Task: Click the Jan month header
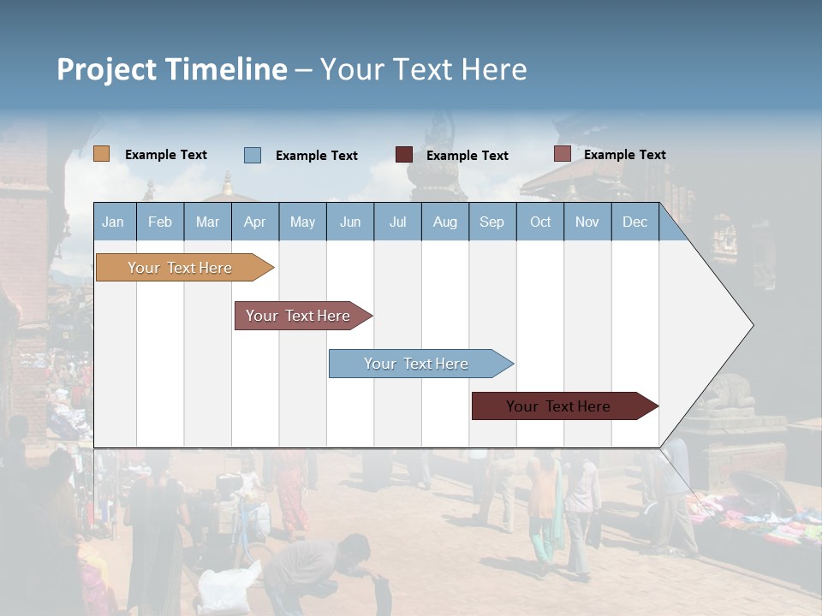click(113, 222)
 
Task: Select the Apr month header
click(254, 222)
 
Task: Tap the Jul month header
click(397, 222)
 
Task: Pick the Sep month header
click(491, 222)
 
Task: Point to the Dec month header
click(634, 222)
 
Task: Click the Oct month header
click(540, 222)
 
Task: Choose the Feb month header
click(160, 222)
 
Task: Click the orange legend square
click(102, 154)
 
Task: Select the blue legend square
click(253, 155)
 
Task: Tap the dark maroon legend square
click(404, 155)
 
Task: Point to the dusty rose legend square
click(562, 154)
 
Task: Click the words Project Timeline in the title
click(171, 69)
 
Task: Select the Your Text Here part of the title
click(423, 69)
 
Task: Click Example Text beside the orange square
click(166, 155)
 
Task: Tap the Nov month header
click(587, 222)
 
